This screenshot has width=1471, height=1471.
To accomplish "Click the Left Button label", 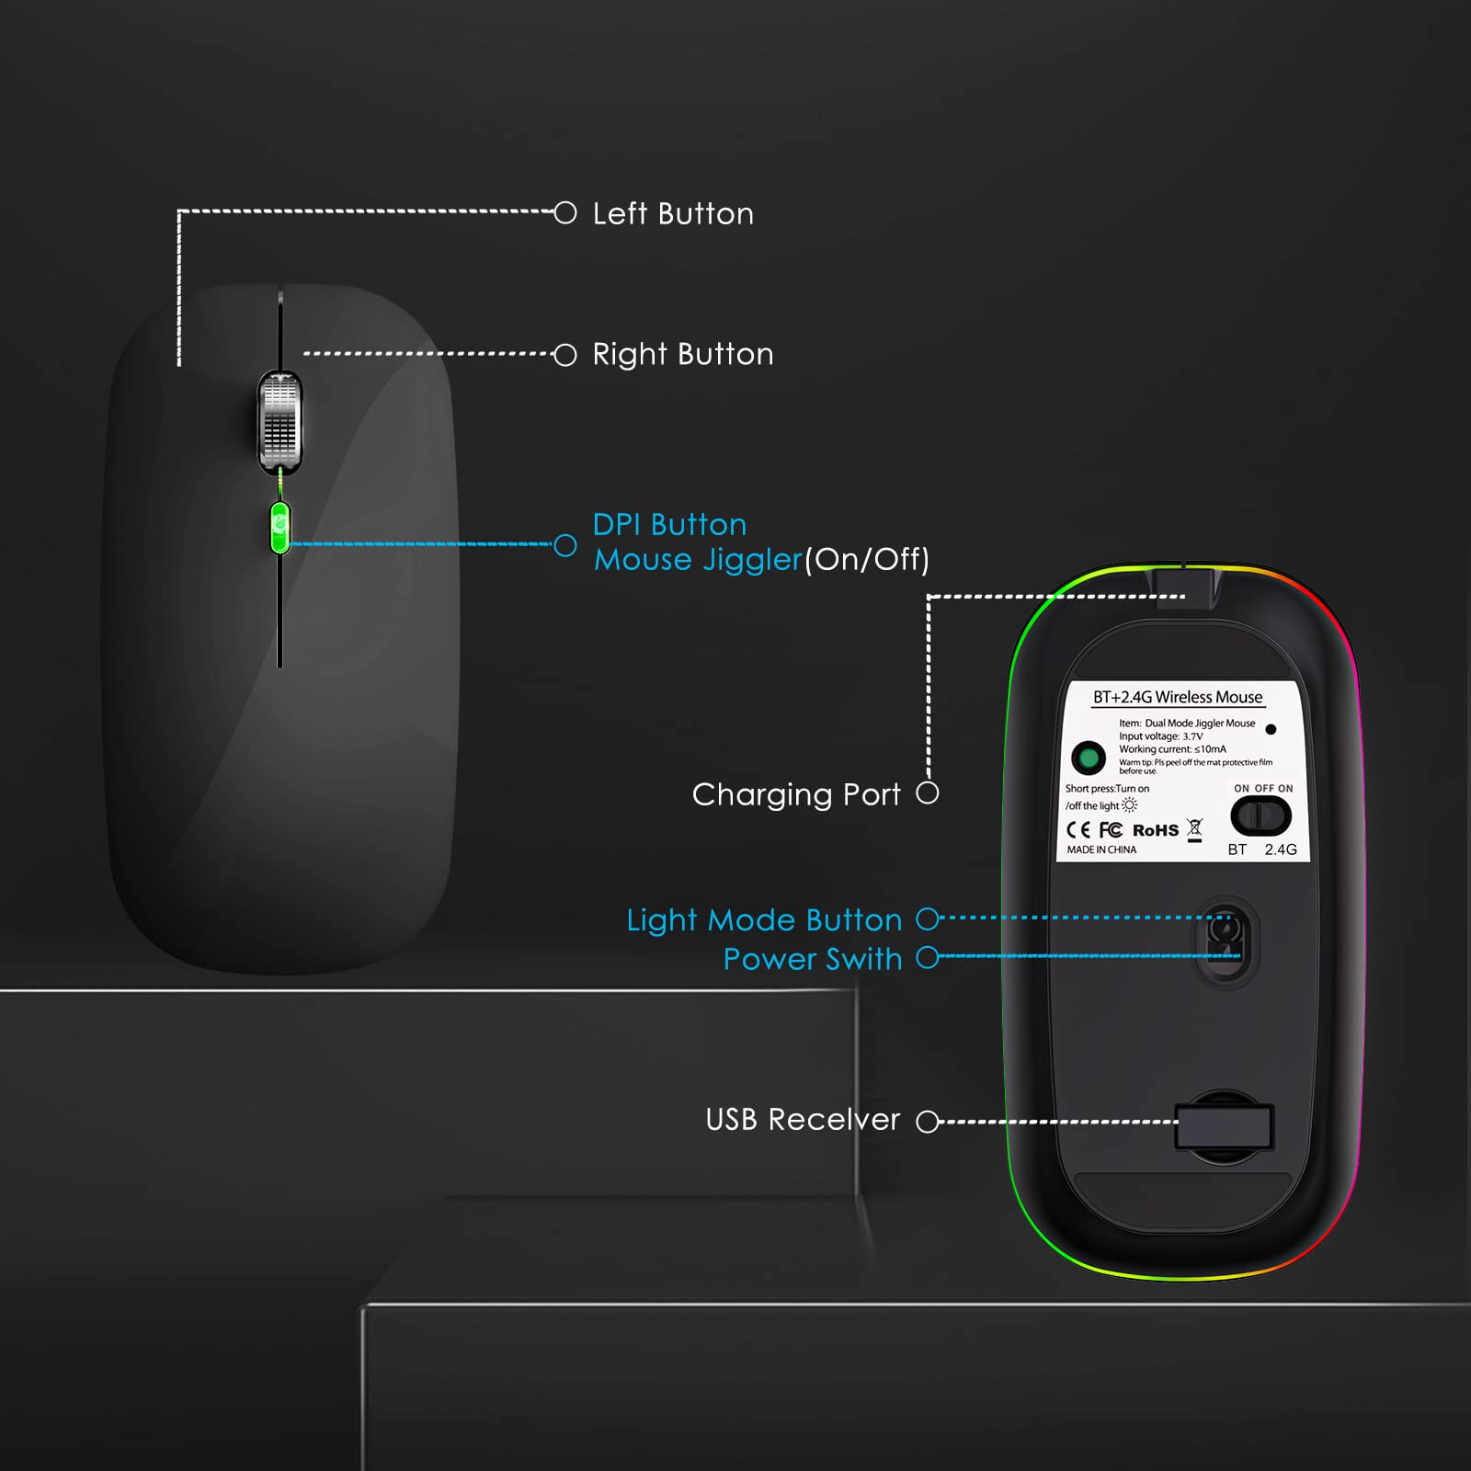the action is [x=673, y=214].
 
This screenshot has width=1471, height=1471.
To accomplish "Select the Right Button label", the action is [x=683, y=355].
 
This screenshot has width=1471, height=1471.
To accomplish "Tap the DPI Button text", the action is [x=669, y=524].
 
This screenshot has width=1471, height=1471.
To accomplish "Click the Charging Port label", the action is [x=796, y=795].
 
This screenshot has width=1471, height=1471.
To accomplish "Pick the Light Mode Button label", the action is [x=764, y=920].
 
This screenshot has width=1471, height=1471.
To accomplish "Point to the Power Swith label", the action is [x=813, y=959].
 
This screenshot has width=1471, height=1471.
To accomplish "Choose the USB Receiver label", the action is [x=803, y=1120].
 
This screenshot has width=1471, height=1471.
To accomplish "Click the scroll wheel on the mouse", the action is [x=279, y=422].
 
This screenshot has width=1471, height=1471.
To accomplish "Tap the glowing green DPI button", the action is [x=280, y=528].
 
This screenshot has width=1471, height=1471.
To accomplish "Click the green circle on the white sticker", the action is [x=1089, y=758].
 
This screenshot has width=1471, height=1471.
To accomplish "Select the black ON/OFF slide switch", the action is [x=1260, y=815].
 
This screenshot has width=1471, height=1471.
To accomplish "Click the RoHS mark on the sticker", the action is [x=1156, y=830].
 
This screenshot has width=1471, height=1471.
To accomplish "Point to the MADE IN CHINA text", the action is [x=1101, y=850].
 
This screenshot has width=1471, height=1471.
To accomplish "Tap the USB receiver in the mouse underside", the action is [x=1224, y=1127].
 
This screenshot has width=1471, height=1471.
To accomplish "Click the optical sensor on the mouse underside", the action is [x=1225, y=941].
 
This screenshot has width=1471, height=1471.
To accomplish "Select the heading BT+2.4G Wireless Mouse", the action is [x=1178, y=698].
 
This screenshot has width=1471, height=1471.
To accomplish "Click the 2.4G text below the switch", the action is [x=1281, y=850].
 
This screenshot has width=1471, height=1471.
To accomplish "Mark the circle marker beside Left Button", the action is [x=565, y=213].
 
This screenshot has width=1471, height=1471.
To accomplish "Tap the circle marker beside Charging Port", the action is [x=928, y=793].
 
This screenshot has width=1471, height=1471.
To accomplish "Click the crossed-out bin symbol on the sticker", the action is [x=1194, y=830].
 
